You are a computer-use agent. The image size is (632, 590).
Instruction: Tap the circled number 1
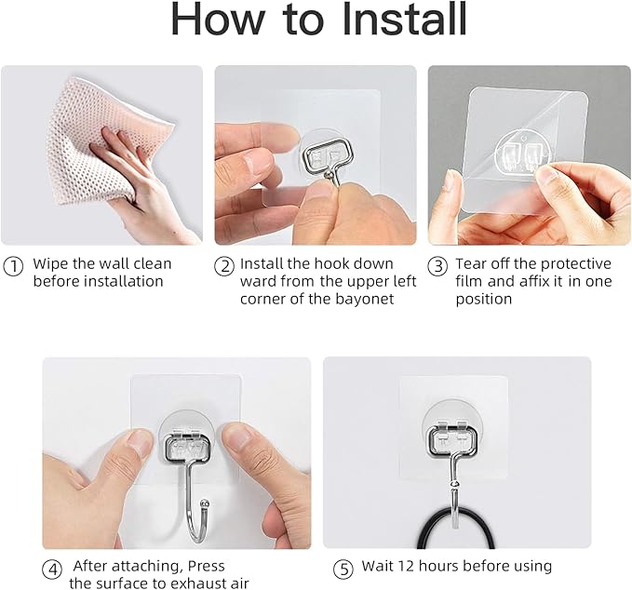tap(13, 265)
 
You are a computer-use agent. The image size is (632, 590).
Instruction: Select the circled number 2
tap(224, 265)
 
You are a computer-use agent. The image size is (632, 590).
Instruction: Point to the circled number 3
tap(437, 265)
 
